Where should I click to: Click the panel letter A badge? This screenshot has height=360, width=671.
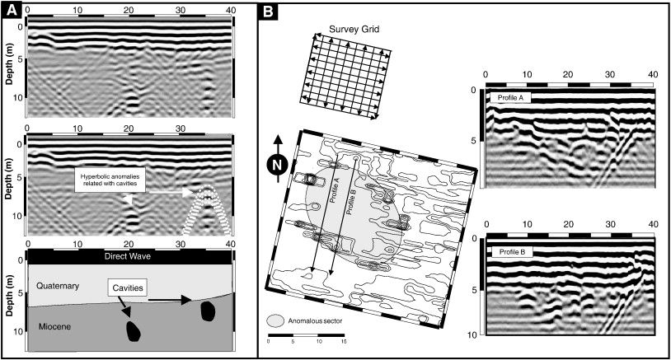pos(12,12)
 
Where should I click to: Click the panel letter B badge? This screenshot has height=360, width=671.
pos(270,12)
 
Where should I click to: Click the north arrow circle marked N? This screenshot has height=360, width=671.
pos(278,163)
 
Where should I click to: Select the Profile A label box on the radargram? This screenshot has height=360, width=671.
pos(511,97)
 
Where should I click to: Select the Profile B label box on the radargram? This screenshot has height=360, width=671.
pos(511,250)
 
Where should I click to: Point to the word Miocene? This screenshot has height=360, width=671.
pos(56,328)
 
